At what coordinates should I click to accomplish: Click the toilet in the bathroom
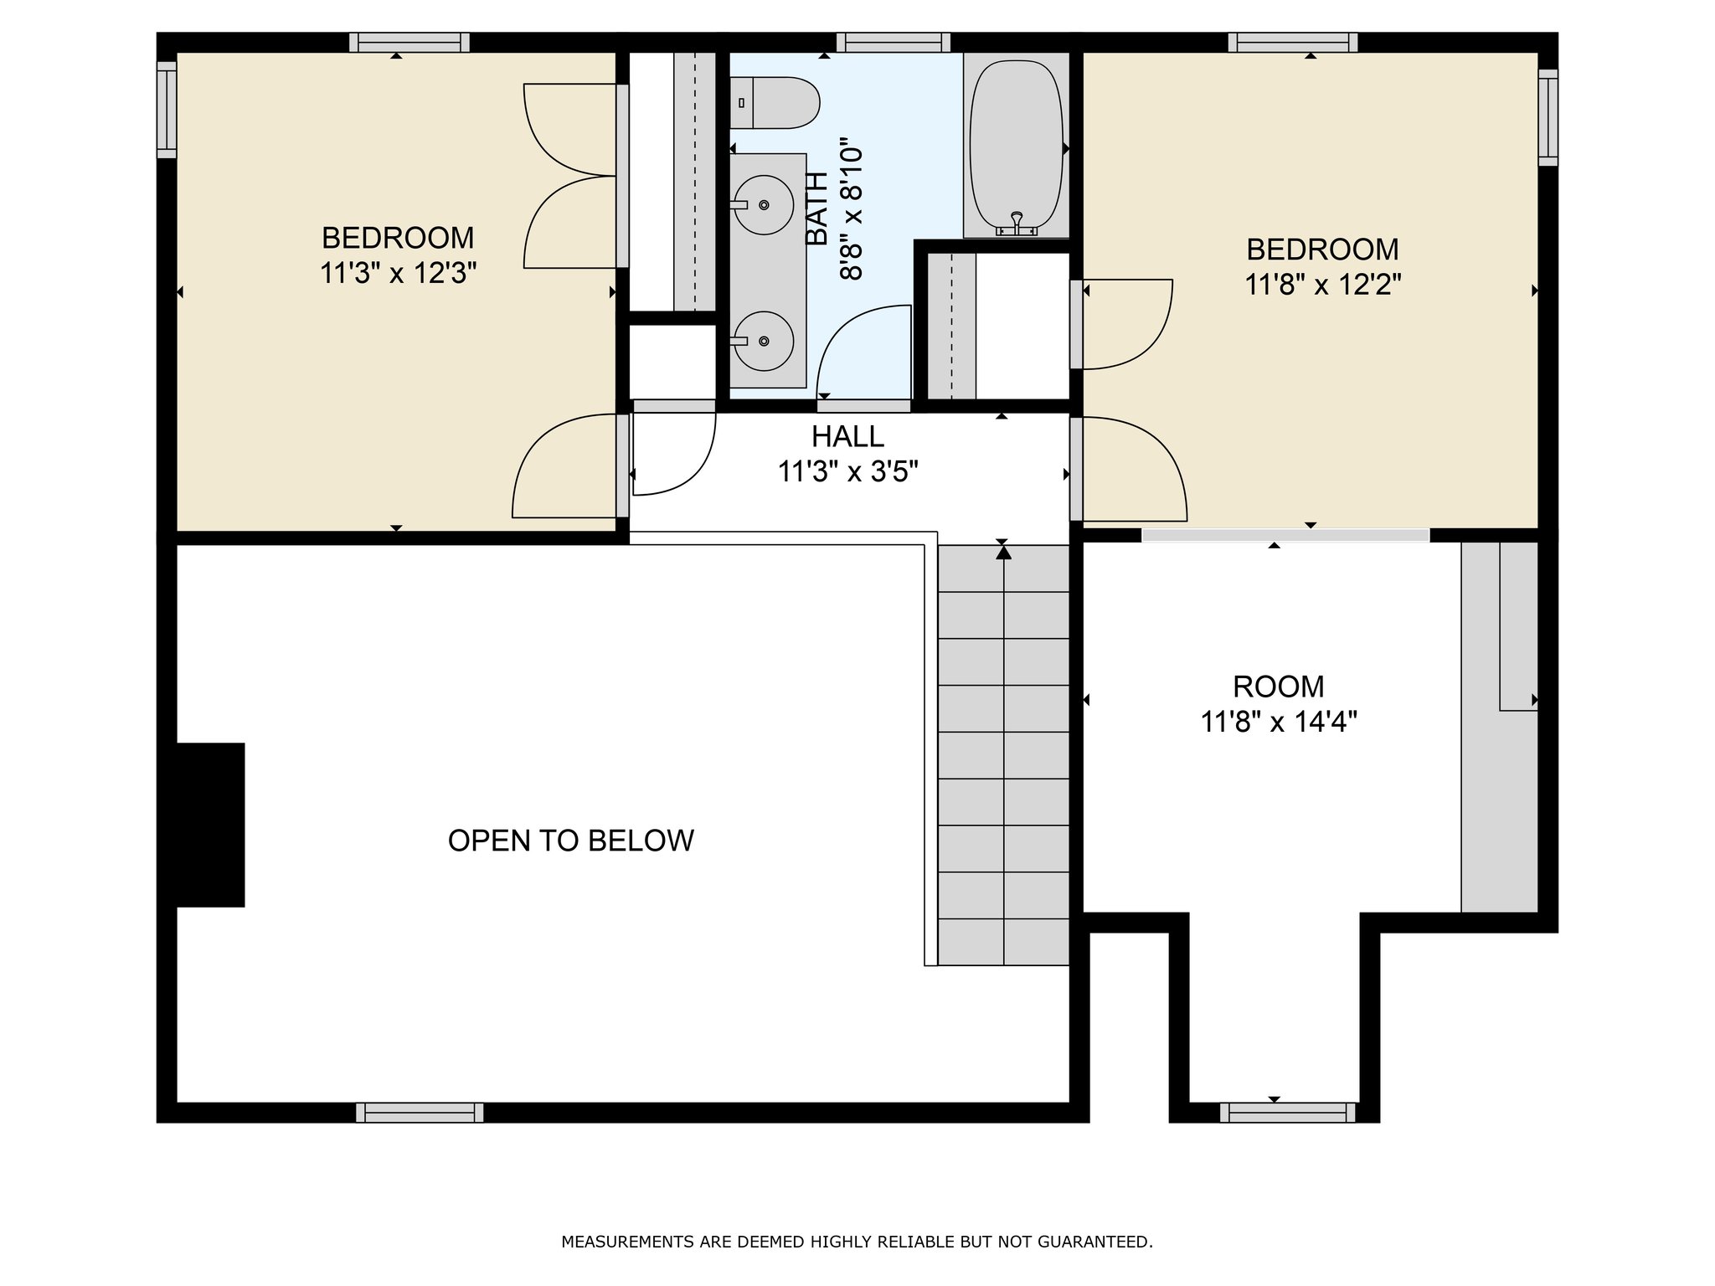point(774,103)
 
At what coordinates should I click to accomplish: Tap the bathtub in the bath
point(1017,145)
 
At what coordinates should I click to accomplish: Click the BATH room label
point(816,209)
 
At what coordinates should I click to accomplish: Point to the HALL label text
point(847,436)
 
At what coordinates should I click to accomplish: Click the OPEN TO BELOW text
point(571,841)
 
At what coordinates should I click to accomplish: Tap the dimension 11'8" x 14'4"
point(1279,721)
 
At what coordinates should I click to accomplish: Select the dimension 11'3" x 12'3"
point(398,273)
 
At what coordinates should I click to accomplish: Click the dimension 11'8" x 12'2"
point(1322,285)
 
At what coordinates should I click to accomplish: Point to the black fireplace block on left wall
point(210,825)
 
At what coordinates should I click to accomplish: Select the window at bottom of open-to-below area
point(420,1113)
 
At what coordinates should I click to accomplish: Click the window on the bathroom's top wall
point(893,43)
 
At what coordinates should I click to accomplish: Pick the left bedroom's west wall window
point(167,110)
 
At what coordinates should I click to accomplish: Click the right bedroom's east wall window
point(1548,117)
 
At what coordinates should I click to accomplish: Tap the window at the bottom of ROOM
point(1287,1113)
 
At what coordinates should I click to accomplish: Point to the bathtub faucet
point(1017,223)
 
